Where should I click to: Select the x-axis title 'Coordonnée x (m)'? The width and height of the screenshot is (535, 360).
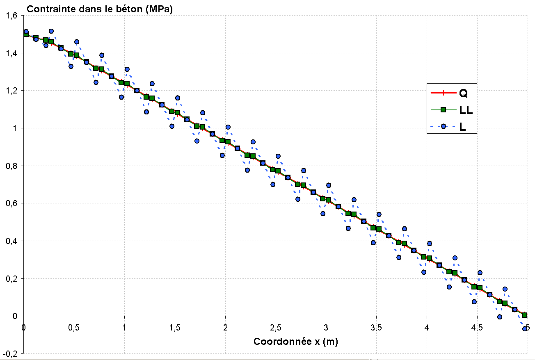coord(295,341)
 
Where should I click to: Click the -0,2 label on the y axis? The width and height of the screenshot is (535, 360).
coord(10,353)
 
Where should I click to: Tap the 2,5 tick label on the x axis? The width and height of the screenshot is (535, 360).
coord(275,328)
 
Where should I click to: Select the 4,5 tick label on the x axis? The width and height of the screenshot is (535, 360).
coord(477,328)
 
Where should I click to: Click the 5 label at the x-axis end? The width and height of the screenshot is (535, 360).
coord(527,328)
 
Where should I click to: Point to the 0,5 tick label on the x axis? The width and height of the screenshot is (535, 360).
coord(74,328)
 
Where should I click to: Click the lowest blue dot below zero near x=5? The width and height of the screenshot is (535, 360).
coord(524,328)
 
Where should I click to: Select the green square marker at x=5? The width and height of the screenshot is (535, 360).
coord(524,315)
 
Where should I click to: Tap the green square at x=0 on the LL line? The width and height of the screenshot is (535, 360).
coord(26,34)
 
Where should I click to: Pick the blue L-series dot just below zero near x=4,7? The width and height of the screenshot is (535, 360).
coord(499,317)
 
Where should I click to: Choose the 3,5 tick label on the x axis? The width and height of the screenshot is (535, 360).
coord(376,328)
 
